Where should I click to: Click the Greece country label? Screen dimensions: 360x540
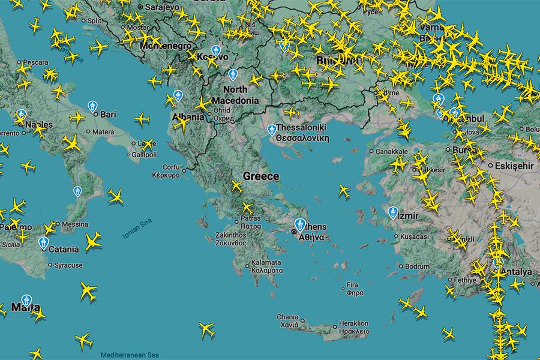261,176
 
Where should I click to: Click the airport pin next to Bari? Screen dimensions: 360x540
92,106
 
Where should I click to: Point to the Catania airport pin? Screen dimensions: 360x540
43,242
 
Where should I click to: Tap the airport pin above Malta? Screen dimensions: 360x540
26,300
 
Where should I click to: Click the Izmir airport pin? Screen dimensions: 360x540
392,211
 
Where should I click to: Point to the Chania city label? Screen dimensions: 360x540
287,320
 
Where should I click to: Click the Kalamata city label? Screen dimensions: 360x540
266,266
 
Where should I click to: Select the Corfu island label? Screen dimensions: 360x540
171,172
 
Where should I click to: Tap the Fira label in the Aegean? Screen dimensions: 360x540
352,289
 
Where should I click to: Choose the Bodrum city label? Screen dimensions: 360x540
418,265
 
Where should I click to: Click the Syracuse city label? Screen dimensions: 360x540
68,265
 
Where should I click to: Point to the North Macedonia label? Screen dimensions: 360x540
236,95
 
